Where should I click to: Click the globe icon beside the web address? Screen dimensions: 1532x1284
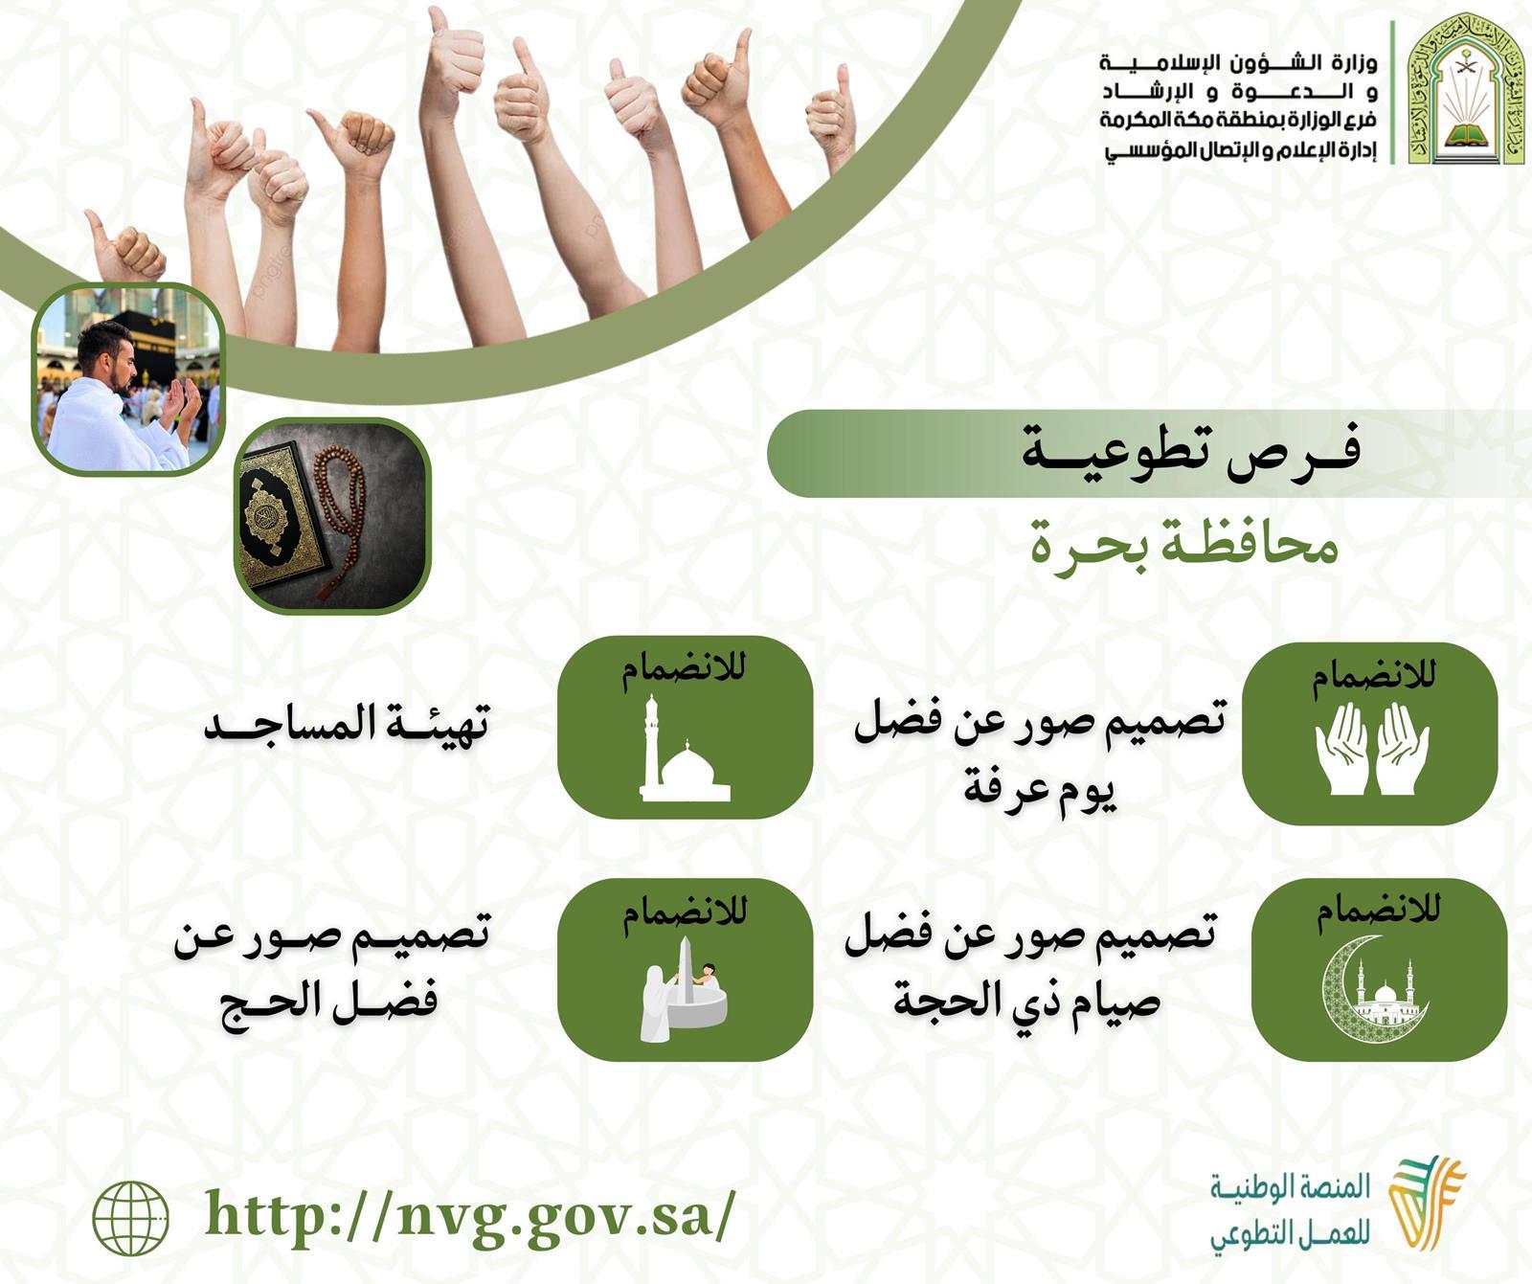[x=131, y=1217]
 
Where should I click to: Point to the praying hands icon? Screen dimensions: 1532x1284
[x=1372, y=749]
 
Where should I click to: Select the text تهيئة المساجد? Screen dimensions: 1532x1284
[x=347, y=724]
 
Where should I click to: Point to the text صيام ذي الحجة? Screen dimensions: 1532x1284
[x=1027, y=1000]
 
